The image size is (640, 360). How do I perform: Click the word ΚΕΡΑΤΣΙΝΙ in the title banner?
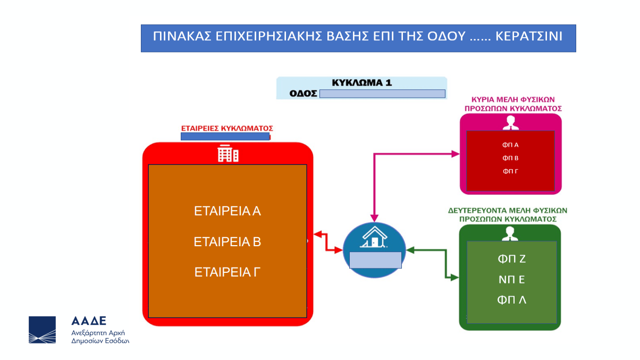coord(529,36)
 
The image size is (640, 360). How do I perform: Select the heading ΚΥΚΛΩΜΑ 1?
coord(361,83)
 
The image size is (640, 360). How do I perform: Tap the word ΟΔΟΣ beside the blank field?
coord(303,94)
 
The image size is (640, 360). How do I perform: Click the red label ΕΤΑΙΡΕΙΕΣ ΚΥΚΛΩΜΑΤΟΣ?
coord(227,128)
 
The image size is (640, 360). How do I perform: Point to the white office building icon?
coord(228,154)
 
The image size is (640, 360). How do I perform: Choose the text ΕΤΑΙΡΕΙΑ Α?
coord(228,211)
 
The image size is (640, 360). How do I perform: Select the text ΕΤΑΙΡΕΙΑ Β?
coord(228,242)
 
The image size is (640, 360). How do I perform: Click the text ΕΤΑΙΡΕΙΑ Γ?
coord(228,272)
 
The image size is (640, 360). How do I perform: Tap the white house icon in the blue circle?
coord(375,237)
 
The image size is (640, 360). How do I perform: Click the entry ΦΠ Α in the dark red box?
coord(511,145)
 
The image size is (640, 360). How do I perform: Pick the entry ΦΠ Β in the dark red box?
coord(511,158)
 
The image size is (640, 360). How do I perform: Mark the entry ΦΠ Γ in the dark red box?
coord(511,171)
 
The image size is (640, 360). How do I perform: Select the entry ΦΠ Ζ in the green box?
coord(512,259)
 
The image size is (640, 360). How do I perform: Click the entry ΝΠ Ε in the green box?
coord(512,279)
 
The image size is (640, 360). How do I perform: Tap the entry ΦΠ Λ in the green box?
coord(512,300)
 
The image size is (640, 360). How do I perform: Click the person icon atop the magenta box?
coord(511,123)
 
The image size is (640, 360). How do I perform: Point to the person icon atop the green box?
coord(510,234)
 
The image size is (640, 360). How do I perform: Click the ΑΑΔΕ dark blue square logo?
coord(43,330)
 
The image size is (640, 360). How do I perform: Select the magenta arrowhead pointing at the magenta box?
coord(456,154)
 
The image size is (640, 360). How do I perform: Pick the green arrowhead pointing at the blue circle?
coord(410,250)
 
